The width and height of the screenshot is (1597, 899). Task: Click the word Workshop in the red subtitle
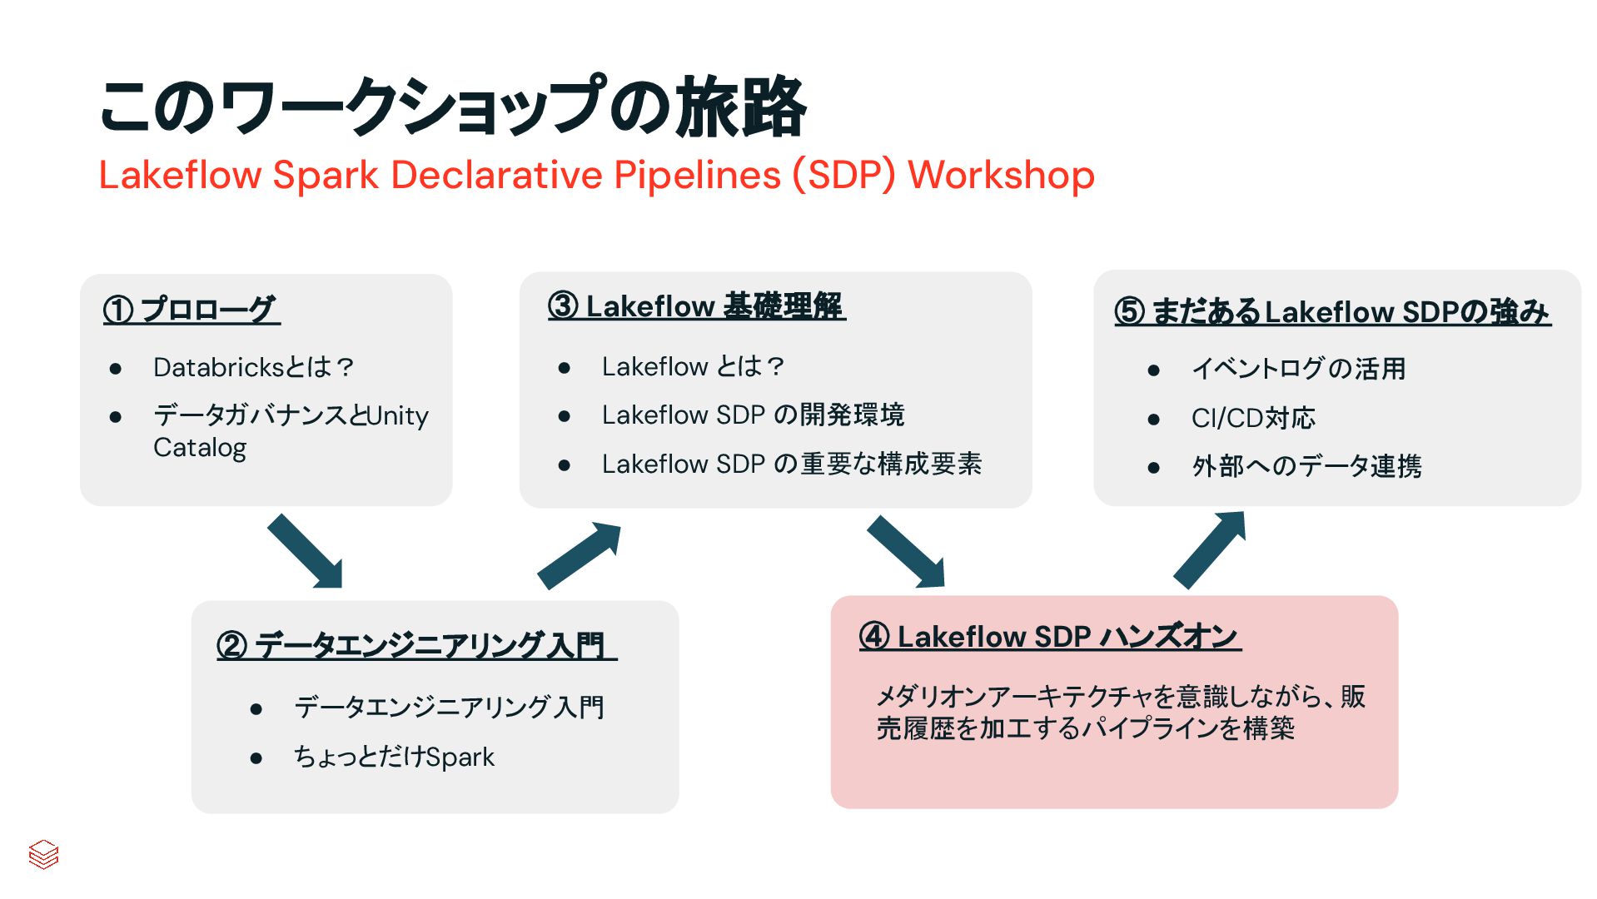pos(1001,176)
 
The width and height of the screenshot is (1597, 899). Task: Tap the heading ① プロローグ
pos(191,310)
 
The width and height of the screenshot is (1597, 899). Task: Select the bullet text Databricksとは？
pos(254,367)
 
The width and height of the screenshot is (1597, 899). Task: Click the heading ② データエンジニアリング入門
pos(415,645)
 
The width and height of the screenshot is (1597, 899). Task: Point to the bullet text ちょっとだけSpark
pos(394,757)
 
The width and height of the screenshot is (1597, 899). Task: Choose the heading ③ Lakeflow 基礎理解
pos(696,306)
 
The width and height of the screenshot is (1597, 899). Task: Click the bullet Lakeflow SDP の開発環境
pos(753,415)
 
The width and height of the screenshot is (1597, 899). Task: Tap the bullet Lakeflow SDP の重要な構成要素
pos(791,464)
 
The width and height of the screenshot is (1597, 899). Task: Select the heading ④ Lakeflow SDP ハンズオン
pos(1049,637)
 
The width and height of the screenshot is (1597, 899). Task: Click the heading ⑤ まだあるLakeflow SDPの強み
pos(1332,312)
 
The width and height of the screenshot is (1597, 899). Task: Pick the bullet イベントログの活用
pos(1298,368)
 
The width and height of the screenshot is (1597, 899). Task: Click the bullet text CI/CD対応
pos(1253,418)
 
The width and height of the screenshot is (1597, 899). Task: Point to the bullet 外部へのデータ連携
pos(1306,466)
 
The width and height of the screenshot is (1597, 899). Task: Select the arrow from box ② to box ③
pos(579,555)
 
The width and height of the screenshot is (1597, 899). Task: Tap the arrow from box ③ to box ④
pos(907,552)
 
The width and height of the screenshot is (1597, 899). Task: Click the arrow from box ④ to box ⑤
pos(1210,550)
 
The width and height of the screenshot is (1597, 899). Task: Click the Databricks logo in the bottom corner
pos(43,854)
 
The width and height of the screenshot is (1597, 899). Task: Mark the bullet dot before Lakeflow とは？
pos(564,368)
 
